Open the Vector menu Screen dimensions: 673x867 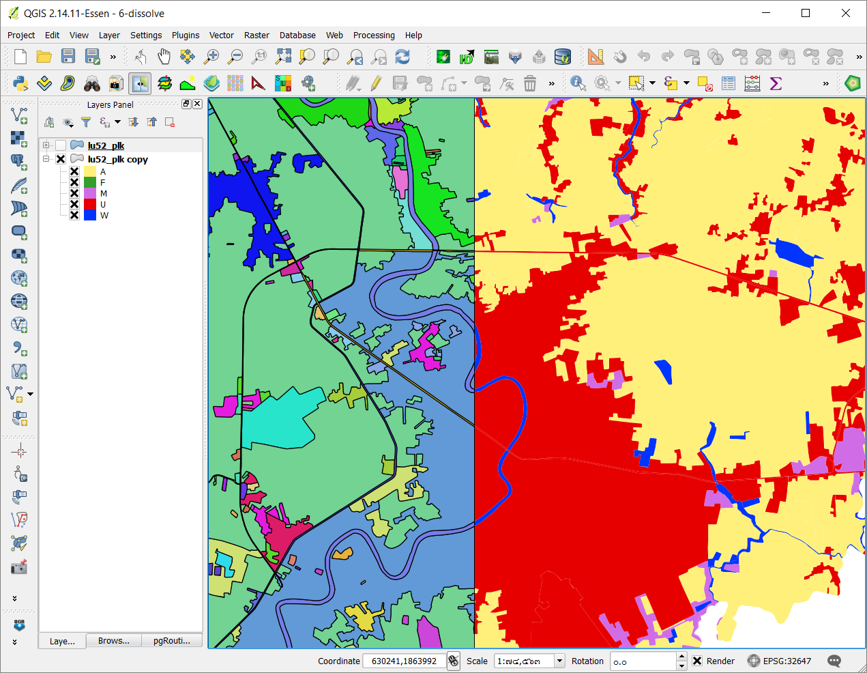click(221, 35)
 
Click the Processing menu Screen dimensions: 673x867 click(373, 35)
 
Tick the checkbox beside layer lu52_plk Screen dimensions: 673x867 click(61, 145)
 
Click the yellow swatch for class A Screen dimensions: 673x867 click(90, 171)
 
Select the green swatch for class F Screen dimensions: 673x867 click(90, 182)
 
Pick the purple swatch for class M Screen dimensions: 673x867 click(90, 193)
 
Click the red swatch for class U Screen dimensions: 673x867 click(90, 204)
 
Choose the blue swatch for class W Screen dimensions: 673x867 click(90, 215)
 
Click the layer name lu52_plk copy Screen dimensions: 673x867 click(117, 159)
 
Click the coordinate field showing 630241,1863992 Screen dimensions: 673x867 click(403, 661)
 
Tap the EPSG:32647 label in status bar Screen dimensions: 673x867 click(787, 661)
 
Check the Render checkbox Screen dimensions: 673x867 click(697, 661)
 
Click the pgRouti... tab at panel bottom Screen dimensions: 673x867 click(171, 640)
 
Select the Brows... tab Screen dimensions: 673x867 click(113, 640)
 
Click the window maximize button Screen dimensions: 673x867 click(806, 13)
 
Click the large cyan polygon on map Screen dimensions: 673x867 click(280, 420)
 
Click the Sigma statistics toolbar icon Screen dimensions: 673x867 click(776, 83)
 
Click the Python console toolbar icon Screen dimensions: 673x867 click(20, 83)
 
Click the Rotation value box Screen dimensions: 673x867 click(641, 661)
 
